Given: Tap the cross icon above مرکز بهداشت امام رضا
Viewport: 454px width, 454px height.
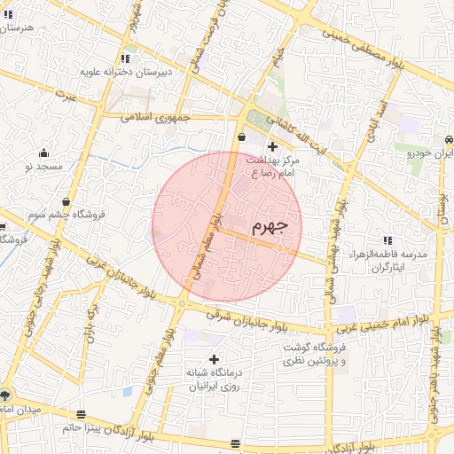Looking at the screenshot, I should (272, 146).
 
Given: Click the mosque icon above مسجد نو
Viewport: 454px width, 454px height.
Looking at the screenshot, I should (44, 153).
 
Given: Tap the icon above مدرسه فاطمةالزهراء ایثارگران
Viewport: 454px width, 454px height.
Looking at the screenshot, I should (387, 240).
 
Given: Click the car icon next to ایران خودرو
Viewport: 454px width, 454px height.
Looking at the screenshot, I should (450, 139).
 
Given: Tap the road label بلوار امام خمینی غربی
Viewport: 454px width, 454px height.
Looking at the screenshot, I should (392, 321).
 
